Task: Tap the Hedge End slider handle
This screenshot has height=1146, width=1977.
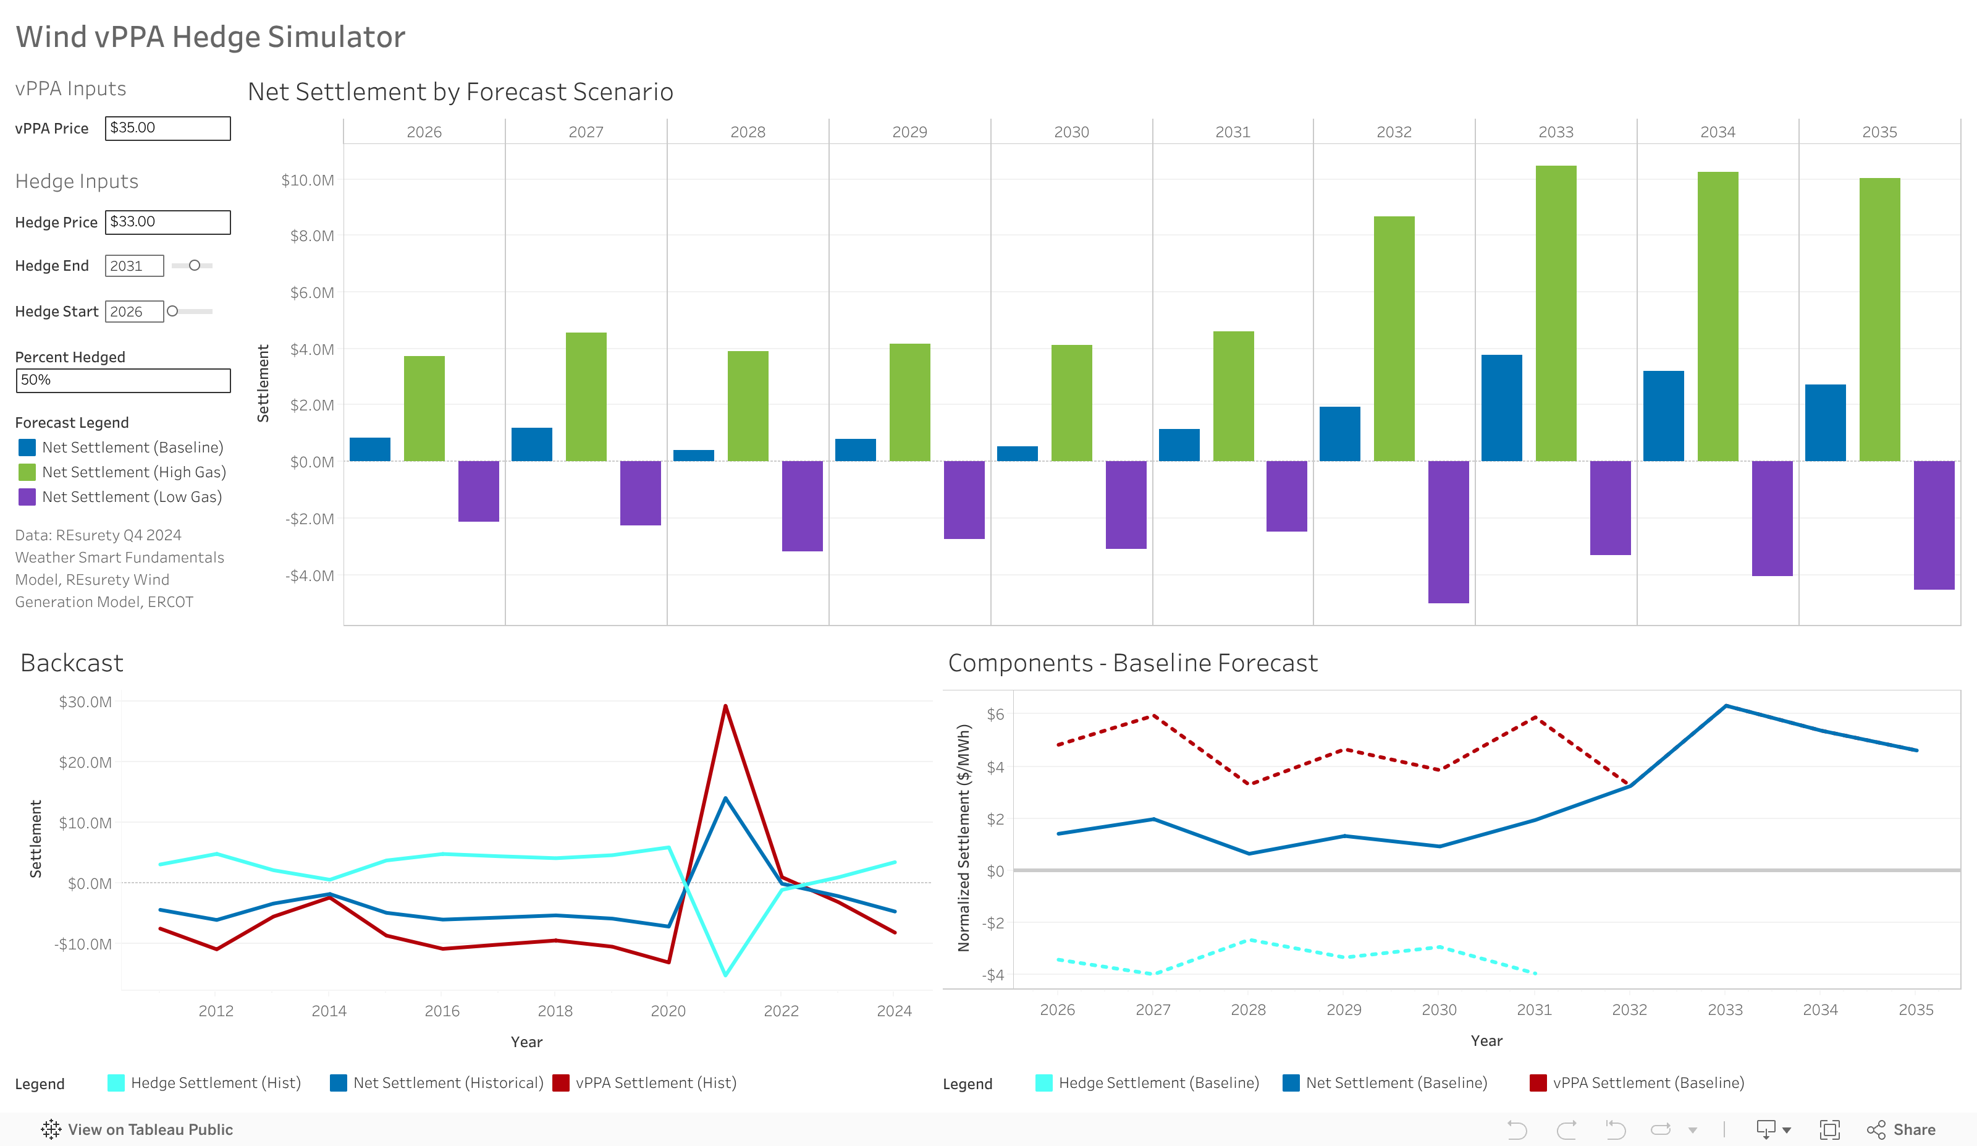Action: [195, 265]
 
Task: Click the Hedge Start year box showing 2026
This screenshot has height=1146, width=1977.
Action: [133, 312]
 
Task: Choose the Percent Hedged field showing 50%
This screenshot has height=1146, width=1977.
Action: [123, 381]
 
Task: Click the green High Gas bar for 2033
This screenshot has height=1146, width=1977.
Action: [1555, 314]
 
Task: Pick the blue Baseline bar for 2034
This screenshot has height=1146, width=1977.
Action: [1663, 416]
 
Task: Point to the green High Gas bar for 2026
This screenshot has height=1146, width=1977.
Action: [424, 408]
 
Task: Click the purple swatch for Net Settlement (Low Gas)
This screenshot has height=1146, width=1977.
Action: [27, 497]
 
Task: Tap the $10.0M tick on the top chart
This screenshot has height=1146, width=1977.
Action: [308, 180]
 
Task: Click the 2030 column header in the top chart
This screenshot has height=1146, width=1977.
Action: [1071, 132]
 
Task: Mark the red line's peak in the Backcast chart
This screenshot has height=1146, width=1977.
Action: [726, 706]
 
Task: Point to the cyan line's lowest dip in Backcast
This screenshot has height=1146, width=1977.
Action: [726, 975]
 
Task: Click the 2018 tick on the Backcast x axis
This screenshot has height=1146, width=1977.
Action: [555, 1011]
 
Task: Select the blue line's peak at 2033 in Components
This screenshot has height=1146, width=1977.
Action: [1725, 706]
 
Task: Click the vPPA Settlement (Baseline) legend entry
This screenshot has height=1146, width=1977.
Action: [1648, 1083]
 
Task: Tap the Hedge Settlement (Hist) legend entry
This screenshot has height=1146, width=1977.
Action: [215, 1083]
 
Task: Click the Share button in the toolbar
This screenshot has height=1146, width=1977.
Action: [1901, 1129]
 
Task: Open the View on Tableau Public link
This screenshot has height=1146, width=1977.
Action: [137, 1129]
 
